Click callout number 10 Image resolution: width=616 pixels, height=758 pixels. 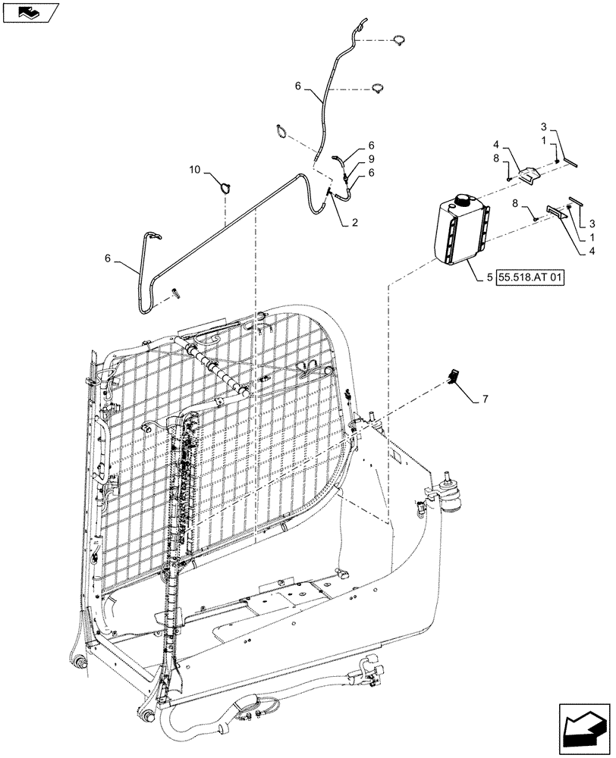point(194,170)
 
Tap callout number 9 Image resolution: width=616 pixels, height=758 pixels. point(371,158)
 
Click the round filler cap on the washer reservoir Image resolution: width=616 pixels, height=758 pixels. point(462,202)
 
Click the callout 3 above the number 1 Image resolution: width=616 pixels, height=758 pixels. point(543,126)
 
